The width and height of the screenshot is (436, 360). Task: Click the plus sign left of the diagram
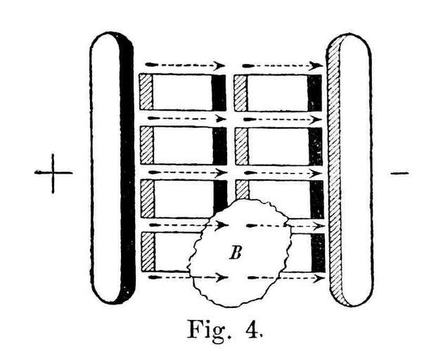[x=53, y=173]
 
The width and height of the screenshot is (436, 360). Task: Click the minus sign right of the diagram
[x=399, y=173]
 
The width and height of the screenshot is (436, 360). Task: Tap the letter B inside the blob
[x=236, y=253]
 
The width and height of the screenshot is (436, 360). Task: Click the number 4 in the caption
[x=253, y=330]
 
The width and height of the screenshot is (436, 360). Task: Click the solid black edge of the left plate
[x=127, y=167]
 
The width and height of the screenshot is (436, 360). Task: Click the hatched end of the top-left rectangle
[x=146, y=91]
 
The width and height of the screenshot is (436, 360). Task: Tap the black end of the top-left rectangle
[x=219, y=93]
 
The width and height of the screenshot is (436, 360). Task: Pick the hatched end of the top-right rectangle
[x=241, y=93]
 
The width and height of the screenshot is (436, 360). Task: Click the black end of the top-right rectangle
[x=314, y=93]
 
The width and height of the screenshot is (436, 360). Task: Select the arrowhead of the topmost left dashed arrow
[x=220, y=65]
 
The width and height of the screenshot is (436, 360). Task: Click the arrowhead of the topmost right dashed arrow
[x=316, y=66]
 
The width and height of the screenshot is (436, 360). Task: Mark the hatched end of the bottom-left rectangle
[x=148, y=252]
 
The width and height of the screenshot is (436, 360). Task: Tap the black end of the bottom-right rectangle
[x=318, y=252]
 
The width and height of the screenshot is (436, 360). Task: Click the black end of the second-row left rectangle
[x=219, y=146]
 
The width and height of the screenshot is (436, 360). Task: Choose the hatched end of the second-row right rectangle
[x=242, y=146]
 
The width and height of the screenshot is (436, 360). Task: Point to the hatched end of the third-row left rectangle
[x=148, y=199]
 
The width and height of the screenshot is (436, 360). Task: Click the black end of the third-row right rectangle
[x=316, y=200]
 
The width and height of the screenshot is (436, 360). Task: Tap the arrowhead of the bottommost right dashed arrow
[x=319, y=278]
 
